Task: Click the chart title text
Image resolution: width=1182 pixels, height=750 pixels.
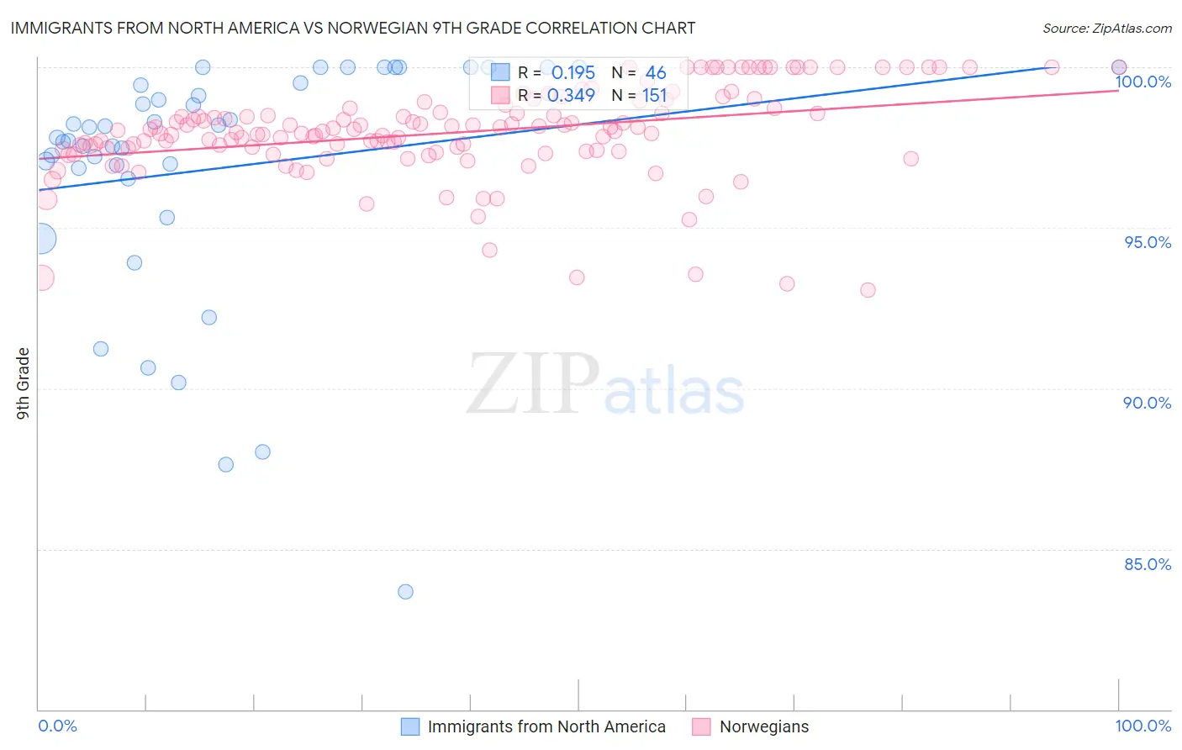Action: click(352, 28)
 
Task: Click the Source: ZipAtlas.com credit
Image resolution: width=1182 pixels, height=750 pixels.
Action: click(1106, 28)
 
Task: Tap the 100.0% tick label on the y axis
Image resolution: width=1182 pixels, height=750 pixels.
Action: click(1143, 82)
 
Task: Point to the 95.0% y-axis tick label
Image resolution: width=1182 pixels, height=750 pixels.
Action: click(1148, 242)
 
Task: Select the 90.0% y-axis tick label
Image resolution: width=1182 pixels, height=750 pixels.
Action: click(1148, 403)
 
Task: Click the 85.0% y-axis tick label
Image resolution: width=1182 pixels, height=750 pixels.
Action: click(1148, 564)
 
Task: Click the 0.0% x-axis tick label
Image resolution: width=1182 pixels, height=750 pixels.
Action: click(57, 726)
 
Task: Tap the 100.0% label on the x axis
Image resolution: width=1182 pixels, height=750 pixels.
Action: click(1142, 726)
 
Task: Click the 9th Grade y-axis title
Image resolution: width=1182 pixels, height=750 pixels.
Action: click(24, 383)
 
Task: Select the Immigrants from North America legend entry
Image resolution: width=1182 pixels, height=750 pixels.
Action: click(546, 726)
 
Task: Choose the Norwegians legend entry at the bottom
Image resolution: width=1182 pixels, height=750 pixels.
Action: click(763, 726)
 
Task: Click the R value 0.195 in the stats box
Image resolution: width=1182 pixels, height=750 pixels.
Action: click(573, 73)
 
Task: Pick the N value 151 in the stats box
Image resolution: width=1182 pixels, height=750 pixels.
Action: click(654, 96)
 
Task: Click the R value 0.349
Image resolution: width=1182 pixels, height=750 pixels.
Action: click(571, 96)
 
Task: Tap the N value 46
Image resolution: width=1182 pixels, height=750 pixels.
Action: click(656, 73)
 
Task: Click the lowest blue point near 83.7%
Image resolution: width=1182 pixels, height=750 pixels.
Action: click(405, 592)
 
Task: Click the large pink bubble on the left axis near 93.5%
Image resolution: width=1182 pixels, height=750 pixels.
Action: click(41, 277)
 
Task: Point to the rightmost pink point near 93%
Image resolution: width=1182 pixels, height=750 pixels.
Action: click(868, 290)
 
